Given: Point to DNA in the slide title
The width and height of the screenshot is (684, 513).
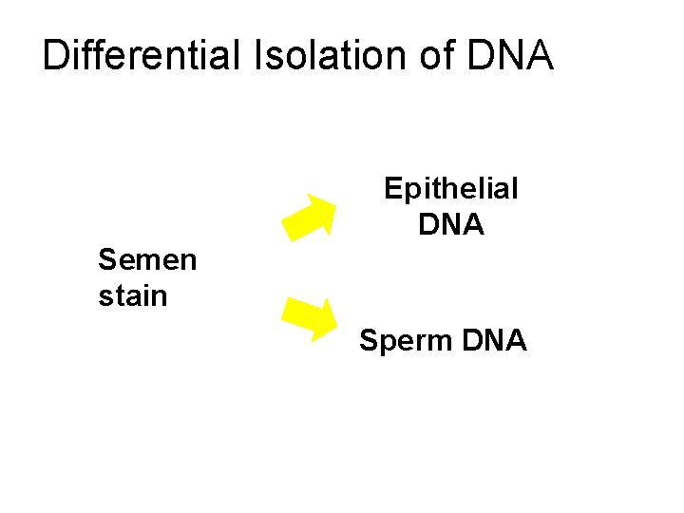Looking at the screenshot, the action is click(x=511, y=55).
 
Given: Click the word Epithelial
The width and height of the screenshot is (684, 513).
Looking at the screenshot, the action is click(x=450, y=189).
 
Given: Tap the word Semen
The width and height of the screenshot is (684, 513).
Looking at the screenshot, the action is click(x=147, y=259).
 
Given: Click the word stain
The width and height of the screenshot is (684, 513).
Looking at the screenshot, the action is click(x=132, y=295).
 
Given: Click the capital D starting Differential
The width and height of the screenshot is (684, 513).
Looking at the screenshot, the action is click(x=56, y=55).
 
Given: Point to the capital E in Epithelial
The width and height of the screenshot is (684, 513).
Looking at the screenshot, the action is click(x=392, y=189).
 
